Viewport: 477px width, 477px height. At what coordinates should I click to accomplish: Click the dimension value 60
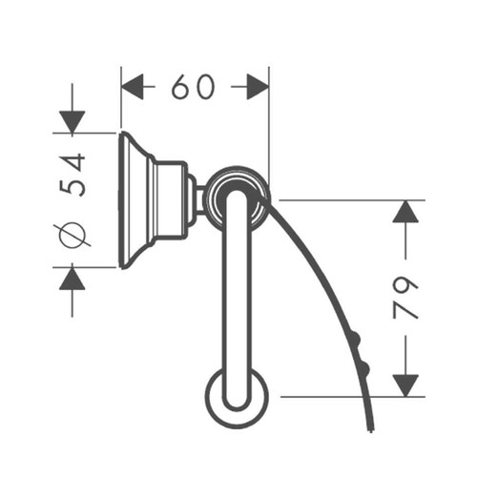pyautogui.click(x=195, y=87)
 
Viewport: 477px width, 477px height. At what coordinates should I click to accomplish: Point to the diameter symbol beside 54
pyautogui.click(x=73, y=233)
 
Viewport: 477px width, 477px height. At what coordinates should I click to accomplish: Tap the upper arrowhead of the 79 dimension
pyautogui.click(x=405, y=212)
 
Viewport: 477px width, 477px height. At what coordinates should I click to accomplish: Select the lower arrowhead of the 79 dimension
pyautogui.click(x=405, y=384)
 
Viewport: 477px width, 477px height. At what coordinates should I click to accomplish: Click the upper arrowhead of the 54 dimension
pyautogui.click(x=73, y=121)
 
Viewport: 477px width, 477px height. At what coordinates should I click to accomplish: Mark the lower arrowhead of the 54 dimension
pyautogui.click(x=73, y=279)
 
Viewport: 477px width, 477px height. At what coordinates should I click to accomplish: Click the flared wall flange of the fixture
pyautogui.click(x=135, y=199)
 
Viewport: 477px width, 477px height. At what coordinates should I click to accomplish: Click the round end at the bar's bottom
pyautogui.click(x=237, y=396)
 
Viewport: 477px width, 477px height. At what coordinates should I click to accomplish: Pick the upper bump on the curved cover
pyautogui.click(x=356, y=337)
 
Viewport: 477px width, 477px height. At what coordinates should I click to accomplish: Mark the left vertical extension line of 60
pyautogui.click(x=120, y=100)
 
